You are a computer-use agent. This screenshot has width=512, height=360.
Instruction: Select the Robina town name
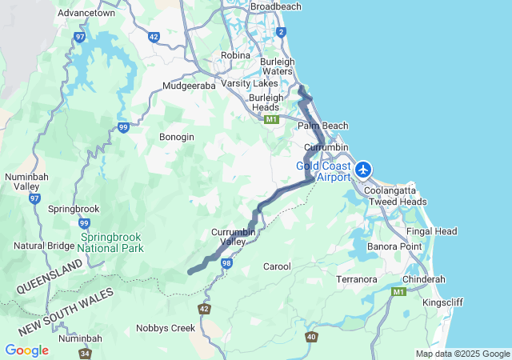235,55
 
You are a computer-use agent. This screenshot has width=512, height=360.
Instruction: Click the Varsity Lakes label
249,83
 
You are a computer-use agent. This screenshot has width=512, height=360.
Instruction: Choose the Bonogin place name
177,137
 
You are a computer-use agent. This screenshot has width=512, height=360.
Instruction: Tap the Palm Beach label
323,126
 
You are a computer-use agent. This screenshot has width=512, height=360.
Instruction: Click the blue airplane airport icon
364,169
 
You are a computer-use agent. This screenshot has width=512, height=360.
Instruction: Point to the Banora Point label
394,246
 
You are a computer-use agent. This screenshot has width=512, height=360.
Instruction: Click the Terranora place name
357,279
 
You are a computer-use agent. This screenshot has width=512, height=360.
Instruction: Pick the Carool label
277,266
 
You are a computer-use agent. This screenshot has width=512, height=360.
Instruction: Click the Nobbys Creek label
166,328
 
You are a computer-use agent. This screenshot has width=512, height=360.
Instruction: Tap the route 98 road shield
227,263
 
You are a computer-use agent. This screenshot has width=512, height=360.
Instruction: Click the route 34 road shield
85,352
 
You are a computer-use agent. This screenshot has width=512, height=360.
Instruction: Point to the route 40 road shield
310,337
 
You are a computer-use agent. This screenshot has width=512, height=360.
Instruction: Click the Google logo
26,350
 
